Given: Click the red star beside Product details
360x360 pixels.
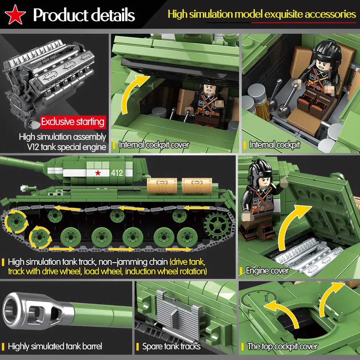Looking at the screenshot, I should (x=16, y=15).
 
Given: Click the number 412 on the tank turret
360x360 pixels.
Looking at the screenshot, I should (x=117, y=173).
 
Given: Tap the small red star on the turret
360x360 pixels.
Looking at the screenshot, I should (x=99, y=173).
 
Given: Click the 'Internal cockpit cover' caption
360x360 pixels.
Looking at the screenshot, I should (x=153, y=145).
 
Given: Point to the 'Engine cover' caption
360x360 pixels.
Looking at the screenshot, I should (x=267, y=271).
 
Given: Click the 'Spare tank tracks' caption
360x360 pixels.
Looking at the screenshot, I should (x=171, y=346).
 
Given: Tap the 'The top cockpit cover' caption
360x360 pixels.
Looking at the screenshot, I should (x=282, y=346).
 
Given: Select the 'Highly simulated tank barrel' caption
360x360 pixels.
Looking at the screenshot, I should (x=55, y=346).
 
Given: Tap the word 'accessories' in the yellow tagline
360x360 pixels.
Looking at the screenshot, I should (x=330, y=14).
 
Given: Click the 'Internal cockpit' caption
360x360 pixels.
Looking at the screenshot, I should (x=274, y=145).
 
